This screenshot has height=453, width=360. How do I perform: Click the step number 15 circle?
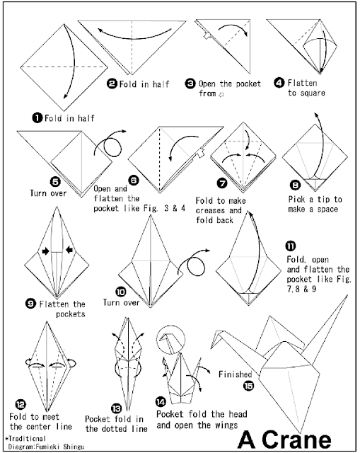[x=247, y=384]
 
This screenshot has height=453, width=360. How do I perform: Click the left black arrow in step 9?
[x=43, y=251]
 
